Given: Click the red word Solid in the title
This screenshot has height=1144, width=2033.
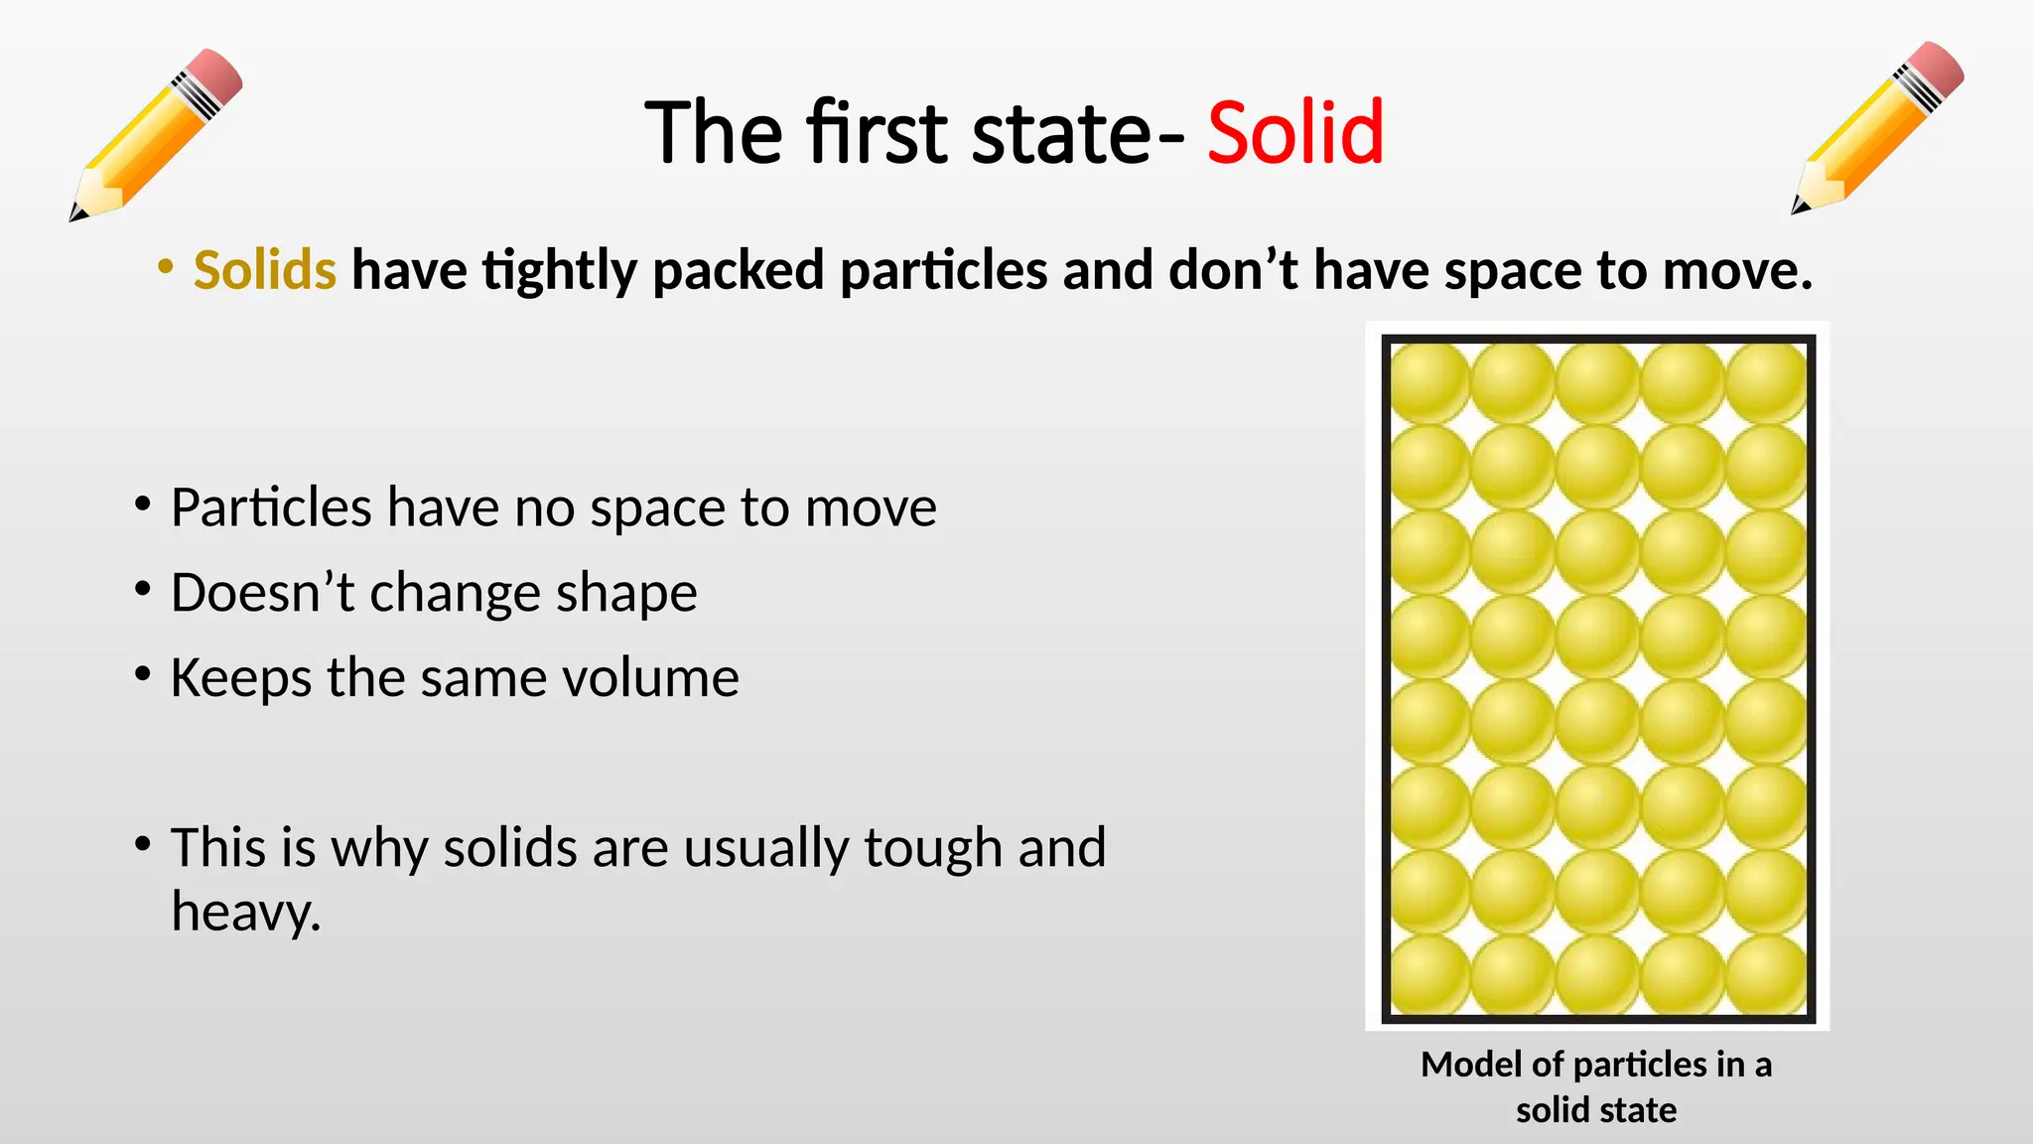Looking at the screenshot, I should [1295, 132].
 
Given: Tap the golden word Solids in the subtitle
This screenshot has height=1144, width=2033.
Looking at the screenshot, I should [265, 270].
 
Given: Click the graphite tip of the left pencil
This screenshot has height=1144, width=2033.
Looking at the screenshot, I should [74, 214].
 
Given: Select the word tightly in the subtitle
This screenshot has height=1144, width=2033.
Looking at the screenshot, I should [560, 271].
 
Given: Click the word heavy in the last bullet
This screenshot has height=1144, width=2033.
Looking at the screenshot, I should [244, 912].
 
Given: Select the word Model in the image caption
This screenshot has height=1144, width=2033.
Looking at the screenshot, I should [1471, 1065].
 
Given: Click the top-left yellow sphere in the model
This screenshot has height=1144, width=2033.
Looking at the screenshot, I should [1428, 382].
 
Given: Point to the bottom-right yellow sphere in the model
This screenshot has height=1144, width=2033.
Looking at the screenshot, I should [1767, 974].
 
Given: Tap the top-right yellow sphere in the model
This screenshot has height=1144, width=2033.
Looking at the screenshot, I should [1767, 382].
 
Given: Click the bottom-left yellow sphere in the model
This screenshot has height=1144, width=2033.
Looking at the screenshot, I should [1428, 974].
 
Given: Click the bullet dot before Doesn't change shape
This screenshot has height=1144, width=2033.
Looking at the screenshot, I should [144, 590].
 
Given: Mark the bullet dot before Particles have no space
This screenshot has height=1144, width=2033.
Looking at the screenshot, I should [144, 504].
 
